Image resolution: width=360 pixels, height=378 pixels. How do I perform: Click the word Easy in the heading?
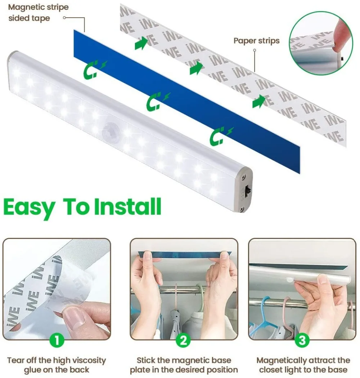pyautogui.click(x=30, y=207)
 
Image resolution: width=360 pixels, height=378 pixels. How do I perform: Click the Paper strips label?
pyautogui.click(x=256, y=41)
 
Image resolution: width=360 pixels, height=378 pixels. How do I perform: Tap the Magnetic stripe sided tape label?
pyautogui.click(x=38, y=12)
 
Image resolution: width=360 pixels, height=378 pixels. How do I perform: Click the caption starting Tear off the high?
pyautogui.click(x=57, y=365)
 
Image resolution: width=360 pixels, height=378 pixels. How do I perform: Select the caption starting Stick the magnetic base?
pyautogui.click(x=184, y=365)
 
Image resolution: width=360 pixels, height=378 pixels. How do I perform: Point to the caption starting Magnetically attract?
pyautogui.click(x=303, y=365)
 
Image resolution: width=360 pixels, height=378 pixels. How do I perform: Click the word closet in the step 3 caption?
pyautogui.click(x=271, y=370)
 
